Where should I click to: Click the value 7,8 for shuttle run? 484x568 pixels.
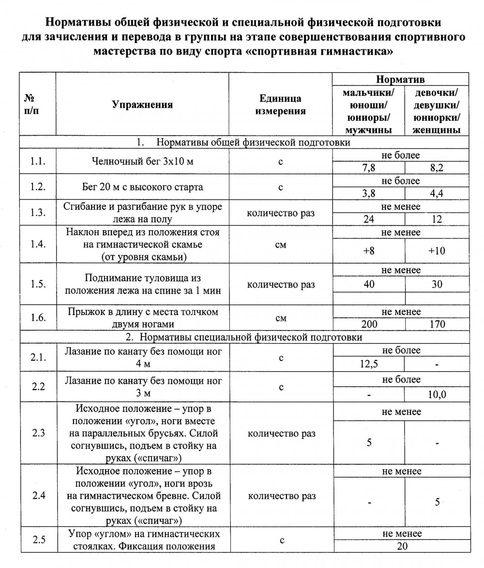pos(368,168)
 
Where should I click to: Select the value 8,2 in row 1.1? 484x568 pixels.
pos(437,168)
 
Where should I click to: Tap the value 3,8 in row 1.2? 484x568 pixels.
pos(368,193)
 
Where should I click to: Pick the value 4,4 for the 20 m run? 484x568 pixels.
pos(437,193)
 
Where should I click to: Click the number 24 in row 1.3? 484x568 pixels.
pos(368,219)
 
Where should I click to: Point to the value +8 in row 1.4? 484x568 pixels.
pos(368,251)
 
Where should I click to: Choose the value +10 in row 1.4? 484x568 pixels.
pos(437,251)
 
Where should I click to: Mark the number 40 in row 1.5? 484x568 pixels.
pos(368,284)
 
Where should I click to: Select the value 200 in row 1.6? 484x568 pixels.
pos(368,324)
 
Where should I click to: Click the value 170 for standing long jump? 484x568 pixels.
pos(437,324)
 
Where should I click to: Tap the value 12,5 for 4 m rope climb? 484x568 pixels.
pos(368,364)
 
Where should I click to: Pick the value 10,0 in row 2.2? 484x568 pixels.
pos(437,394)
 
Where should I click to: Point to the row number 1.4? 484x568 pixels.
pos(38,244)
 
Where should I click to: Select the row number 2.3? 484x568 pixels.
pos(38,433)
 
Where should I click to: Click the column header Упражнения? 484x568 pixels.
pos(142,105)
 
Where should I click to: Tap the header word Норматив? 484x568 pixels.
pos(400,79)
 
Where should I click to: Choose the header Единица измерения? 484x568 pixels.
pos(280,105)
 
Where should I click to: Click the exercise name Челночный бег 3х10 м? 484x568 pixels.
pos(142,161)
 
